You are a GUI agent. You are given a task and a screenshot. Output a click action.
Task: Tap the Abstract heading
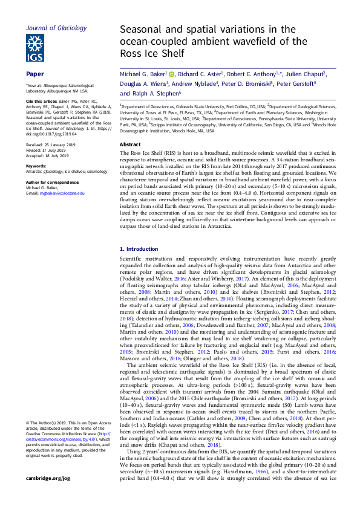click(130, 145)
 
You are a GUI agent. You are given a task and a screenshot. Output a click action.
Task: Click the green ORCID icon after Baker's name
click(171, 74)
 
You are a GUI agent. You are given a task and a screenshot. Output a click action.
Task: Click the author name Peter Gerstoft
click(303, 84)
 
